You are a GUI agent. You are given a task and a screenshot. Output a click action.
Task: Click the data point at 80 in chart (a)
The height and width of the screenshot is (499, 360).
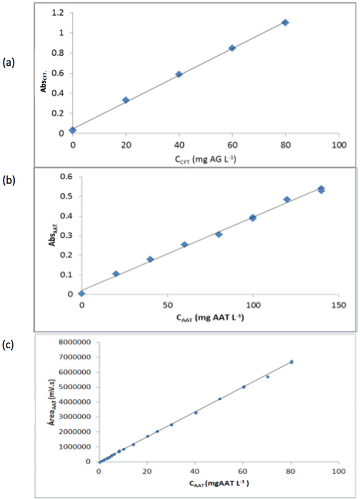coord(285,22)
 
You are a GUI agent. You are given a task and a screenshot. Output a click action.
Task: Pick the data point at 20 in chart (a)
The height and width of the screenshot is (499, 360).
coord(126,100)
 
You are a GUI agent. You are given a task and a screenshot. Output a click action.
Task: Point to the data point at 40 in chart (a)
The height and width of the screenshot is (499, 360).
coord(179,74)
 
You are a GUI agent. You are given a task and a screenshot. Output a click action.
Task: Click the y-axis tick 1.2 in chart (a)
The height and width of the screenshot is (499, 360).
coord(58,13)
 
